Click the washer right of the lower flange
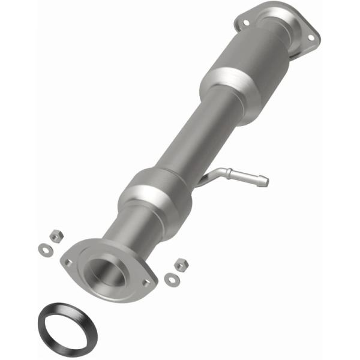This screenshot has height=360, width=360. tap(170, 277)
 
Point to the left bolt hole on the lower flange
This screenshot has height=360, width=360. tap(68, 262)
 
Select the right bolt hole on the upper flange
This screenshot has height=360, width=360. tap(310, 37)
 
